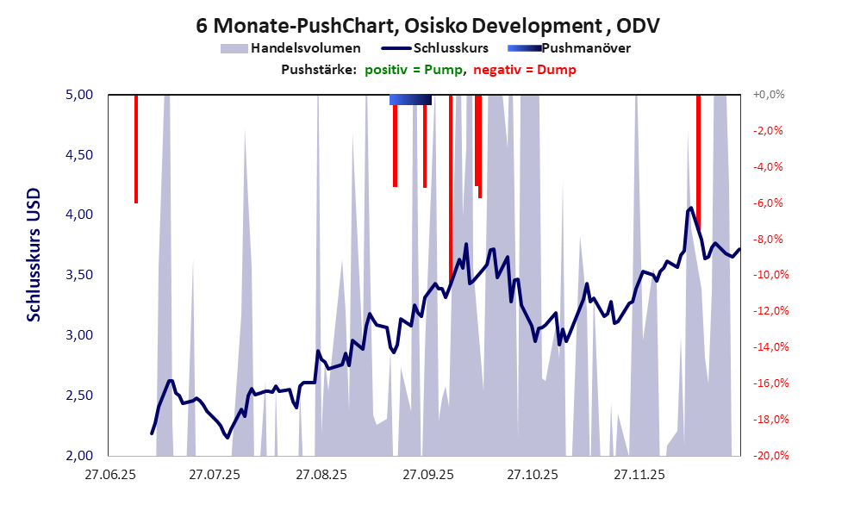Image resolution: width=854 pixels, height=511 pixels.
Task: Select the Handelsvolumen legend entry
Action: pos(304,48)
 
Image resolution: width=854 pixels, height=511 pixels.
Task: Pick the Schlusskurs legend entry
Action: pos(450,48)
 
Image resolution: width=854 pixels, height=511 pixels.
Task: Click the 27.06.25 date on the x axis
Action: pos(109,474)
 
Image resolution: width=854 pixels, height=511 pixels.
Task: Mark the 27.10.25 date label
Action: pos(533,474)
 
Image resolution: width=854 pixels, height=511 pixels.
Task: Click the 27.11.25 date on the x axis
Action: pos(639,474)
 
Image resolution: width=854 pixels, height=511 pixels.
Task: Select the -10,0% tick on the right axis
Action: pos(767,275)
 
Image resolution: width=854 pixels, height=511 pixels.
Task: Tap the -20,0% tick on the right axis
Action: pos(767,455)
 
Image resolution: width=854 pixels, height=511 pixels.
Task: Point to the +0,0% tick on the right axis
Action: pos(767,95)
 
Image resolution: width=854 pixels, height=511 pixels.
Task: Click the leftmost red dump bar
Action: pos(136,148)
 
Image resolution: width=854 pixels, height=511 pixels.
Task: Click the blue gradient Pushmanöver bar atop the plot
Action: pos(410,100)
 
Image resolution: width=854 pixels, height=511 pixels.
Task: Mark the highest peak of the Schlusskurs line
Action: pos(691,208)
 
